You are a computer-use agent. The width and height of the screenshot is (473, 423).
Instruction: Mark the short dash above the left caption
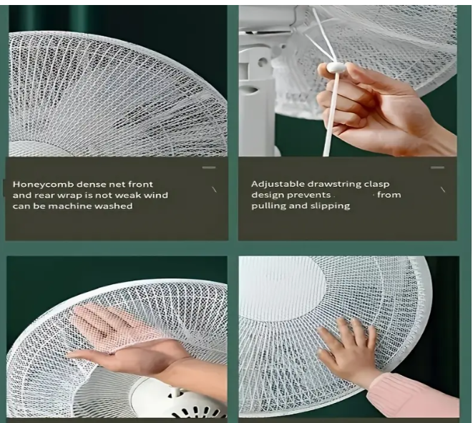(x=209, y=167)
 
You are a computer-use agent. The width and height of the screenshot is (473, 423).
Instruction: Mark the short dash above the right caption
(x=437, y=167)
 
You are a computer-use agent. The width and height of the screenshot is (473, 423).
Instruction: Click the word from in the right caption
(x=389, y=195)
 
